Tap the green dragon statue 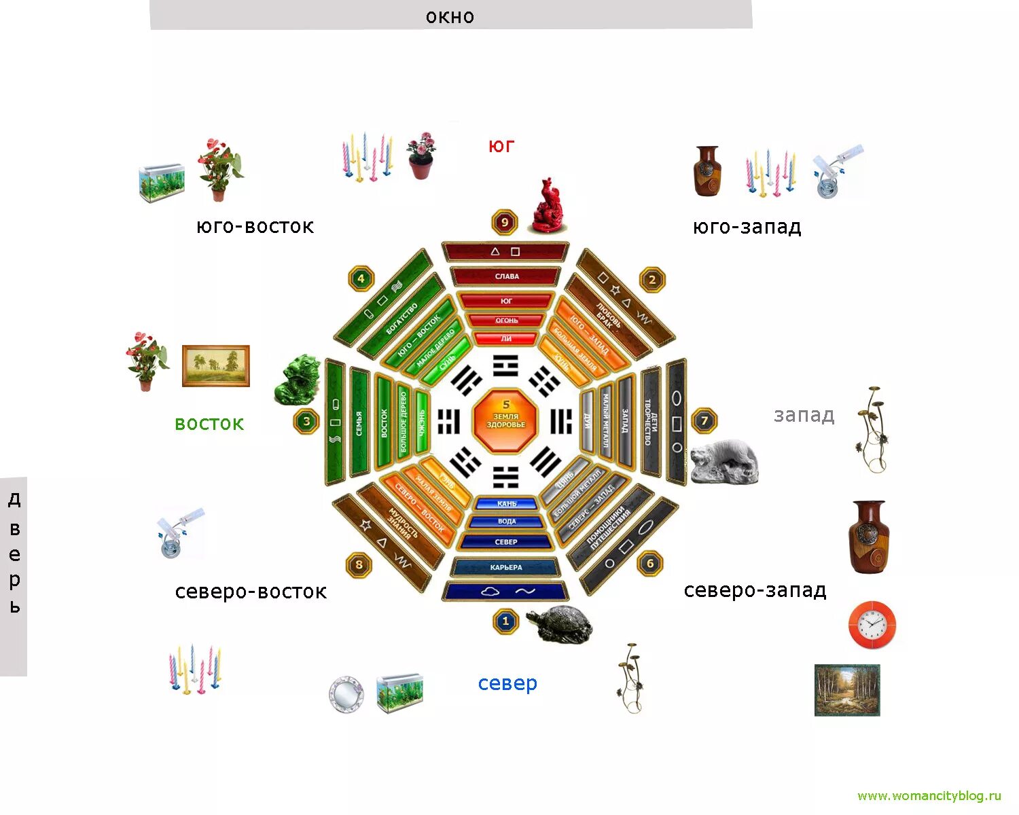(x=297, y=380)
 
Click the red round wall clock (x=872, y=624)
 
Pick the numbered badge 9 (x=504, y=222)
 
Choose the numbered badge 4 (x=361, y=278)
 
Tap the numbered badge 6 (x=650, y=563)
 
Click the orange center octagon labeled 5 (x=505, y=420)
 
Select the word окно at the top (x=450, y=16)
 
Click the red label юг (x=501, y=146)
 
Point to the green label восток (x=209, y=424)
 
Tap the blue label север (x=507, y=683)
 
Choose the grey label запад (x=804, y=415)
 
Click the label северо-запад (x=755, y=590)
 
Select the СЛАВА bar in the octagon (x=506, y=276)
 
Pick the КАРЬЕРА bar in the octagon (x=505, y=567)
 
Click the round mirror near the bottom (x=346, y=693)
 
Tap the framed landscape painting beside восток (x=215, y=366)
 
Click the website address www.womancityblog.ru (x=929, y=796)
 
